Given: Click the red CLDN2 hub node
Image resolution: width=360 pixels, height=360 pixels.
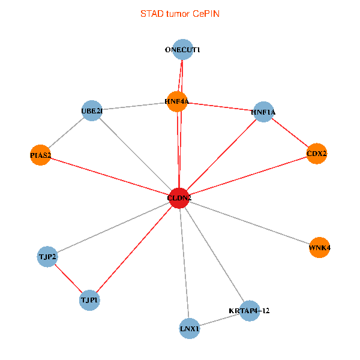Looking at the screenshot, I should (179, 198).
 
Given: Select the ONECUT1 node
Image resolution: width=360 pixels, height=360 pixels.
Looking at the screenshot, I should (182, 50).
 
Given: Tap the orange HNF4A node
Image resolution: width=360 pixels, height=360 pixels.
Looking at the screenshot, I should (177, 101).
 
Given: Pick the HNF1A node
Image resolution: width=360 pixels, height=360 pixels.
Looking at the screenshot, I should (263, 112).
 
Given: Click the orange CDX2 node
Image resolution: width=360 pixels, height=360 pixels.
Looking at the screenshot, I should (316, 154).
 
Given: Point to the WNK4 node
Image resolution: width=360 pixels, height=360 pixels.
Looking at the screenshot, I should (319, 247).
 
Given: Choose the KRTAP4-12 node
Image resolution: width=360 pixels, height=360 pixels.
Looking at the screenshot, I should (250, 310).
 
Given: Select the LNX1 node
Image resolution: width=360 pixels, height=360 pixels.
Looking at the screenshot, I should (190, 329).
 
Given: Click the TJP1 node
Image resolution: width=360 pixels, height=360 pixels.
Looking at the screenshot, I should (89, 299).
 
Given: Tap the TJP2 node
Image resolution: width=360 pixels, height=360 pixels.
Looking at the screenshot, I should (47, 257).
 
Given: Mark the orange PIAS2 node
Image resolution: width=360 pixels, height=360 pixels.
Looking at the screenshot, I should (40, 155).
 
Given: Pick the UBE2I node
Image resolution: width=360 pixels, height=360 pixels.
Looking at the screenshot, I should (92, 111).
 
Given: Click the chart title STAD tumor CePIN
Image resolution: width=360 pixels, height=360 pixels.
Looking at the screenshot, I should (180, 13).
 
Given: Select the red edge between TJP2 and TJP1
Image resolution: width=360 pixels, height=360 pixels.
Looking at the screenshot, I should (68, 278).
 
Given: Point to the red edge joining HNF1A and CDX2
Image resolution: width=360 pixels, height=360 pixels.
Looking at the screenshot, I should (290, 133).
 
